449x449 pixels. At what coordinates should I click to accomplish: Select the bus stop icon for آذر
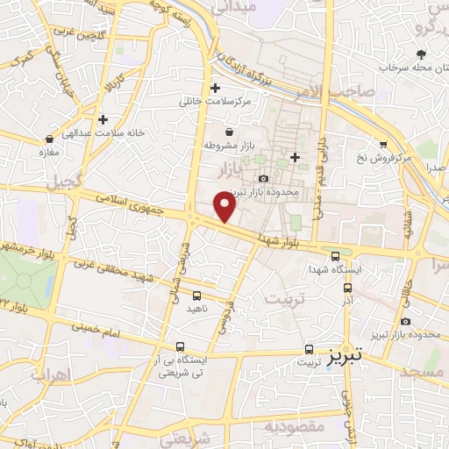[348, 287]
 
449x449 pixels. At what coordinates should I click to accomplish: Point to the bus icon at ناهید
[196, 296]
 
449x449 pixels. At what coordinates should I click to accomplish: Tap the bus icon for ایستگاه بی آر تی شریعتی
[180, 346]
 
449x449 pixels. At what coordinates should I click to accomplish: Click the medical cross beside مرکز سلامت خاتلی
[215, 88]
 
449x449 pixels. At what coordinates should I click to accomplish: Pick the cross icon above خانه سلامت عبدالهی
[103, 119]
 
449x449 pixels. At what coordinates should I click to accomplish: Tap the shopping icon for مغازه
[48, 139]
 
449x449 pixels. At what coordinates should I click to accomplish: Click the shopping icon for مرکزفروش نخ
[382, 146]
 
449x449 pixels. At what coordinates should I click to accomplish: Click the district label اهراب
[49, 374]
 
